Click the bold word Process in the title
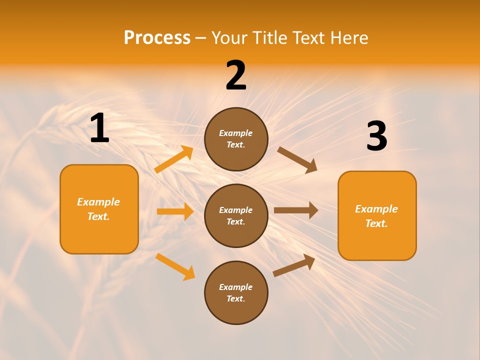coord(157,38)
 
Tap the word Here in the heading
coord(348,38)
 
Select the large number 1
coord(99,128)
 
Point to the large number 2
coord(236,76)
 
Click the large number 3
coord(376,136)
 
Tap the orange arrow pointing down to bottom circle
coord(175,266)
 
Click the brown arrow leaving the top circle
coord(297,159)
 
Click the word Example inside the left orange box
coord(98,202)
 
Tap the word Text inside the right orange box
coord(376,223)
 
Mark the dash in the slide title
coord(200,38)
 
